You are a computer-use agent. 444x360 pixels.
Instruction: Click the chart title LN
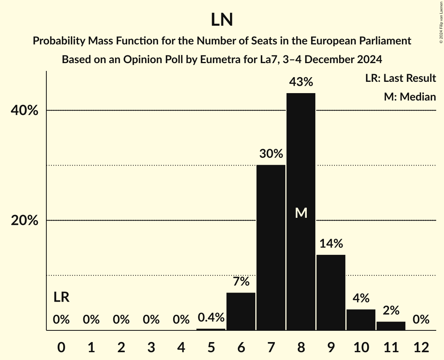click(222, 20)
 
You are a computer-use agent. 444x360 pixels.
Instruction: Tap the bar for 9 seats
click(331, 292)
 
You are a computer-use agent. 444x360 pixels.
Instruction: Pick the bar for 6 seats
click(241, 311)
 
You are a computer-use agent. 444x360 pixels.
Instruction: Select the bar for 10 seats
click(361, 319)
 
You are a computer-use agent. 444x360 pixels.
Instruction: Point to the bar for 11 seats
click(391, 326)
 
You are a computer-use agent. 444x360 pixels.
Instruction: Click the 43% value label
click(301, 82)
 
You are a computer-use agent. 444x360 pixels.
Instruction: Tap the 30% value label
click(271, 154)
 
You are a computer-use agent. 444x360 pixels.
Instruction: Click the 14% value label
click(331, 244)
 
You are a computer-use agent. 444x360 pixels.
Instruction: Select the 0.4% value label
click(211, 318)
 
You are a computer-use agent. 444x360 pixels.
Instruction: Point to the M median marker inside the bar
click(301, 213)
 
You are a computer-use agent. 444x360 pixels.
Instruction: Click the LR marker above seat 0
click(61, 297)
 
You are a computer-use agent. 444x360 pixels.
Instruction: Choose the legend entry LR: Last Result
click(400, 78)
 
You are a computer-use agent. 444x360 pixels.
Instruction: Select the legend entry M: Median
click(410, 97)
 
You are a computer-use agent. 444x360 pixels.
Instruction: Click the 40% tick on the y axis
click(24, 111)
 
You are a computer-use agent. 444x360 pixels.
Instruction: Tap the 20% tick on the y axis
click(24, 221)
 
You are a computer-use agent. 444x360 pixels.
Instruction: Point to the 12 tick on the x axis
click(421, 347)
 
